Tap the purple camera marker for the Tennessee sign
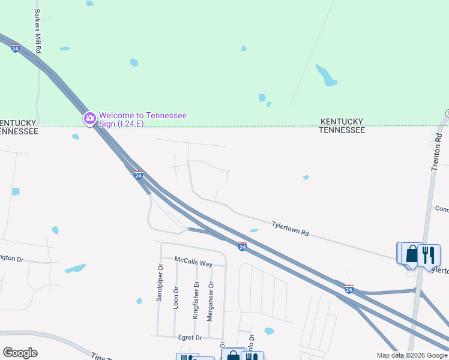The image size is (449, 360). (x=90, y=118)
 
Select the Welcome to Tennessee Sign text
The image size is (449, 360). (x=143, y=119)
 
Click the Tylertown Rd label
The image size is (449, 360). (x=290, y=229)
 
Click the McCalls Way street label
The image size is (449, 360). (x=193, y=262)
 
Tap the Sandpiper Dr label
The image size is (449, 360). (x=160, y=283)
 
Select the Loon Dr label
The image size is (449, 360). (x=176, y=297)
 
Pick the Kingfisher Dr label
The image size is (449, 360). (x=194, y=299)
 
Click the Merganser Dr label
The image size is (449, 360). (x=209, y=301)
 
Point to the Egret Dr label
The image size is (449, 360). (x=190, y=338)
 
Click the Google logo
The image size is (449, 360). (x=20, y=353)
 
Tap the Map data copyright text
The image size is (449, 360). (x=412, y=355)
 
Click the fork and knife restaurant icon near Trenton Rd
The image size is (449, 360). (x=429, y=254)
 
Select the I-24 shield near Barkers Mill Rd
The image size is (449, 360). (x=15, y=47)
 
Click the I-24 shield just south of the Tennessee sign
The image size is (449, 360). (x=138, y=175)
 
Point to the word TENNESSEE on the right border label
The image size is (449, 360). (x=342, y=130)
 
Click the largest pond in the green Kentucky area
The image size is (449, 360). (x=327, y=75)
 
